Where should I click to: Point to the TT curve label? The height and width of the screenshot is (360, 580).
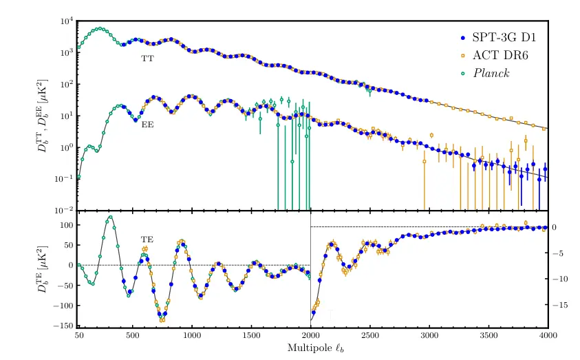point(147,59)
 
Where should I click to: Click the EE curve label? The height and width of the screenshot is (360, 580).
point(147,125)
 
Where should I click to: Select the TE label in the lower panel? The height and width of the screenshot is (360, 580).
point(147,240)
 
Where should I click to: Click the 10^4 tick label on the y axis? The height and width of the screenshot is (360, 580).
point(66,21)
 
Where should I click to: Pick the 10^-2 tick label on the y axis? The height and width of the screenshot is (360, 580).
point(65,210)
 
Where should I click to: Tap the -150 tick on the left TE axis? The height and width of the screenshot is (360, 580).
point(63,325)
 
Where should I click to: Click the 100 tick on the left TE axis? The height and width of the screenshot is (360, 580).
point(66,225)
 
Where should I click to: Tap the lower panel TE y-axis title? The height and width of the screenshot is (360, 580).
point(47,270)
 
